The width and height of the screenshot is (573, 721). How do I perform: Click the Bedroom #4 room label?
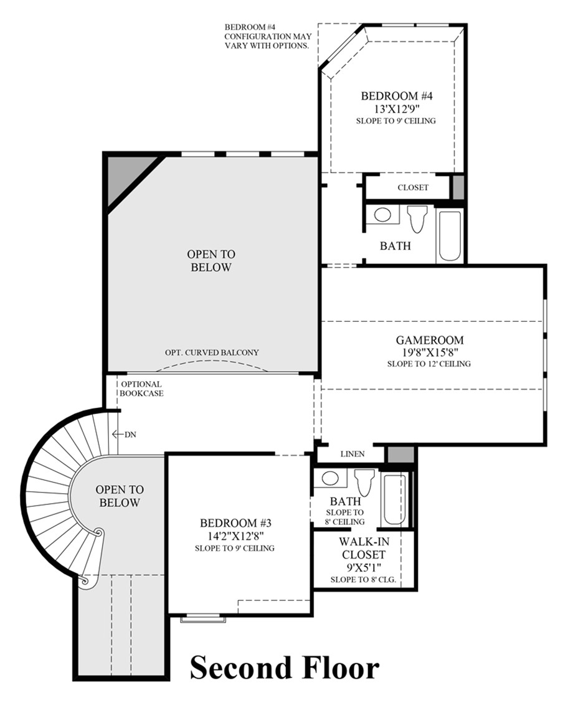[397, 96]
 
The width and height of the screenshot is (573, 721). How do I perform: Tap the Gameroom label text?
[430, 340]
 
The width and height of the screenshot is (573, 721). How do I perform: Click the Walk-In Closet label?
[362, 548]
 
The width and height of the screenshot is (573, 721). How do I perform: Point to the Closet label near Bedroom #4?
[413, 187]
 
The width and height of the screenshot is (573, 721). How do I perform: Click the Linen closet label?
[352, 454]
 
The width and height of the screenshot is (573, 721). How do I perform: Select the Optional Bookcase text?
[141, 389]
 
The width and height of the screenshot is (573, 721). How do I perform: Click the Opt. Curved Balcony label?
[212, 352]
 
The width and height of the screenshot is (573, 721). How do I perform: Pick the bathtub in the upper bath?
[450, 235]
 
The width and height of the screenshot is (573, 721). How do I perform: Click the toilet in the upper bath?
[417, 217]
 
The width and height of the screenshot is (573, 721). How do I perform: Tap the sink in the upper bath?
[382, 215]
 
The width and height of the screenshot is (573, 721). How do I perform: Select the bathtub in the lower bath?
[394, 498]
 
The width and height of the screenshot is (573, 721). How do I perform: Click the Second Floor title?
[284, 668]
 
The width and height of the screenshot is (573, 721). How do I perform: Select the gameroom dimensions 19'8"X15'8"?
[430, 352]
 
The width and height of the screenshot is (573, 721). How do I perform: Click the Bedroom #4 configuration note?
[267, 37]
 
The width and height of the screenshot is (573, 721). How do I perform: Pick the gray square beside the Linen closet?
[400, 455]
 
